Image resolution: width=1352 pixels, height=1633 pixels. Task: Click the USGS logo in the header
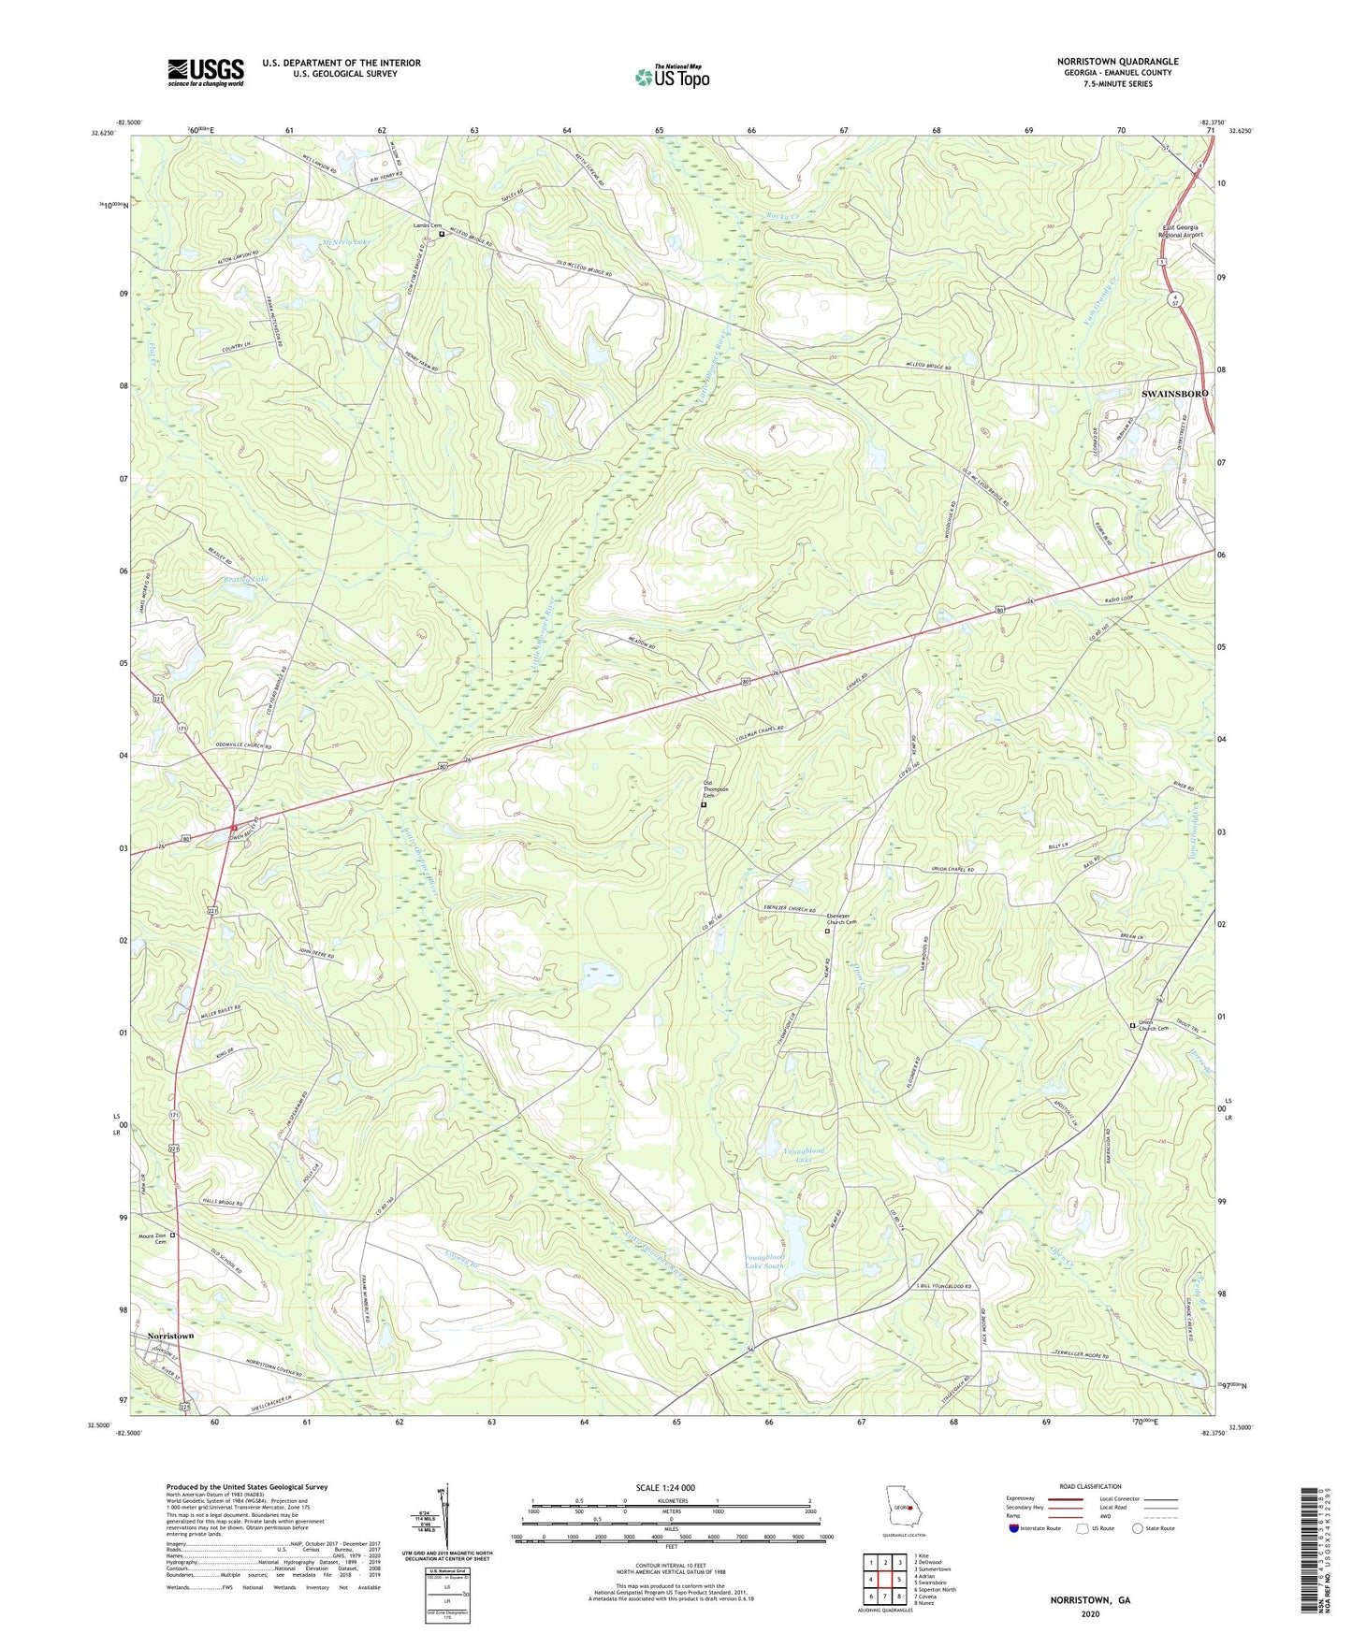(x=206, y=72)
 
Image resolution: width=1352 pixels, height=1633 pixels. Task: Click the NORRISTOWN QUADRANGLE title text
(x=1118, y=61)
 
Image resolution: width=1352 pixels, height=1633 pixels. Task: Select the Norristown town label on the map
(x=170, y=1336)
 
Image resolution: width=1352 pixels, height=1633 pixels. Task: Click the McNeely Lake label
(x=346, y=242)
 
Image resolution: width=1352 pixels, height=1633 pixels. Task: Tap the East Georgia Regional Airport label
(x=1181, y=231)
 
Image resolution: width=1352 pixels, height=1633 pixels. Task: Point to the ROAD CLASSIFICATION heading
(x=1090, y=1486)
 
